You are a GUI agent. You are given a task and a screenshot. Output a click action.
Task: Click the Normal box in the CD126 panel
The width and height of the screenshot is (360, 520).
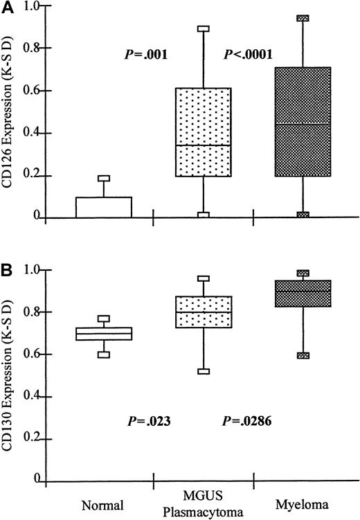click(x=103, y=208)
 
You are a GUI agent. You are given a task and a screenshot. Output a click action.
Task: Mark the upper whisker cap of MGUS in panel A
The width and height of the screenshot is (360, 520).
click(x=203, y=29)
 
